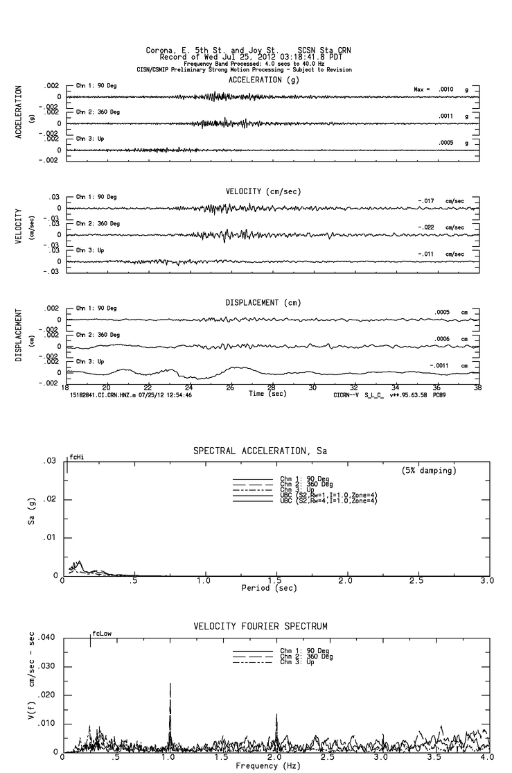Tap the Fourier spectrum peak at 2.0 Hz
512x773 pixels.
[x=276, y=715]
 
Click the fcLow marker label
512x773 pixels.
[x=102, y=634]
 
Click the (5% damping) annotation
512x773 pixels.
[x=429, y=470]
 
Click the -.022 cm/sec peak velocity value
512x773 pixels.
[x=441, y=227]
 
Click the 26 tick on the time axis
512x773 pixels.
[x=230, y=388]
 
